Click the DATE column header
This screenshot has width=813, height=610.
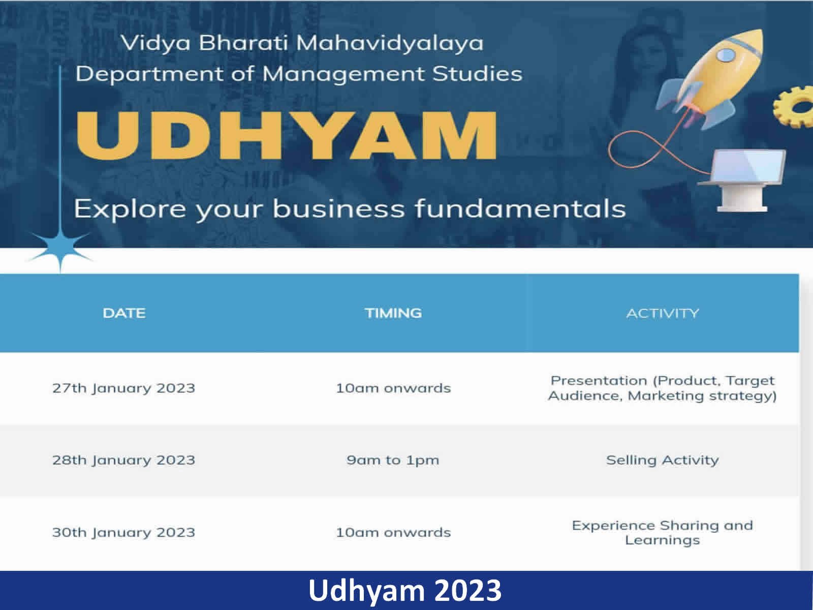click(124, 313)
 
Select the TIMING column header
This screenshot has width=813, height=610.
click(393, 313)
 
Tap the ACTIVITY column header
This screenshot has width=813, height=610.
click(663, 314)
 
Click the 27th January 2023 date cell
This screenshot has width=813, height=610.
click(123, 388)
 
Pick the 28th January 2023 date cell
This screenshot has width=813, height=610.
click(123, 460)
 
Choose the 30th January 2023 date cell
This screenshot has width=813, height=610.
click(123, 532)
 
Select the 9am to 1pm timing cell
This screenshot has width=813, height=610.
click(393, 461)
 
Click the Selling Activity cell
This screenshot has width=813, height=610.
click(663, 460)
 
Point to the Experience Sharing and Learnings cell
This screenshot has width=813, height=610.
click(663, 533)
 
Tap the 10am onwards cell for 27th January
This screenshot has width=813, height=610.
click(393, 388)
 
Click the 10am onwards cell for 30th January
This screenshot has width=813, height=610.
click(393, 533)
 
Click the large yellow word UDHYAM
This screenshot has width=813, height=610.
click(286, 135)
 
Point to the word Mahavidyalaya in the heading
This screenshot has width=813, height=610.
click(390, 44)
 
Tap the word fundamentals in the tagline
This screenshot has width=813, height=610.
click(520, 208)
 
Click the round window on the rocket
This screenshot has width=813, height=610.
click(726, 55)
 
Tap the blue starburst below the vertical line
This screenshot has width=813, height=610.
click(60, 249)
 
